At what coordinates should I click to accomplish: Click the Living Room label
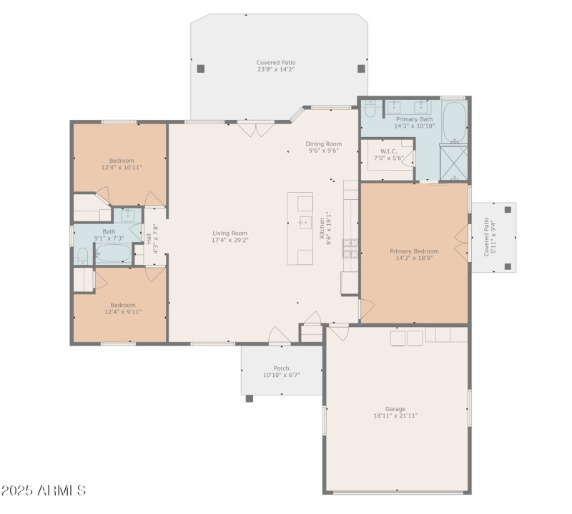[x=230, y=233]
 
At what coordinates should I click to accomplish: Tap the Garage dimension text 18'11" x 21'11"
[x=395, y=415]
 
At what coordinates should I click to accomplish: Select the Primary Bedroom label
[x=414, y=251]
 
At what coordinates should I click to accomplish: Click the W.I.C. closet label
[x=388, y=151]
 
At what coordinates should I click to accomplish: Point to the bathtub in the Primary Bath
[x=453, y=122]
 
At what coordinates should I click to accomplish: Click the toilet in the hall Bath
[x=82, y=254]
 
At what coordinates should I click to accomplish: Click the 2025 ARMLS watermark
[x=44, y=491]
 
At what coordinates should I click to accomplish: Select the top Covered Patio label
[x=276, y=63]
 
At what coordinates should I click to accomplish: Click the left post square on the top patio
[x=201, y=69]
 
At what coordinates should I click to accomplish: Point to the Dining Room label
[x=324, y=143]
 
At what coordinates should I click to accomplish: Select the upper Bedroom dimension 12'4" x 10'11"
[x=122, y=167]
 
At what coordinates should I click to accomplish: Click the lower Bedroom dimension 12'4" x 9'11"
[x=122, y=311]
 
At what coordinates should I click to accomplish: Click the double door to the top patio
[x=256, y=129]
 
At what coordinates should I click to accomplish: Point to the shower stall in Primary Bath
[x=453, y=164]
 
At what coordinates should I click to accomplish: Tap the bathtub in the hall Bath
[x=112, y=253]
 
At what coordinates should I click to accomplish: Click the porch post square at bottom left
[x=249, y=398]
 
